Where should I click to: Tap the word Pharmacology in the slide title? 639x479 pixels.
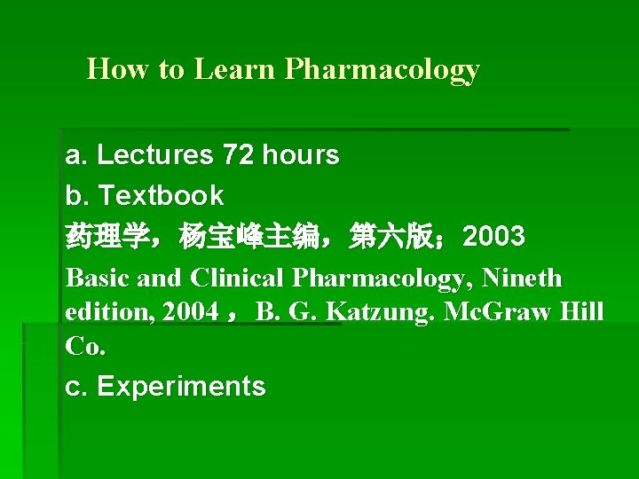(383, 69)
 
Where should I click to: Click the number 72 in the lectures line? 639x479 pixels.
(239, 155)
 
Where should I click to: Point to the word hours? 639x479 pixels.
(301, 155)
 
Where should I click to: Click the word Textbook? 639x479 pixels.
(161, 195)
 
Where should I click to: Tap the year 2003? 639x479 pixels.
(493, 237)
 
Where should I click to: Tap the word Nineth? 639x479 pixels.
(522, 278)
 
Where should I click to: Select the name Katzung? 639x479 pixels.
(378, 312)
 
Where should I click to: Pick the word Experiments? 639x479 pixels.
(181, 386)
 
